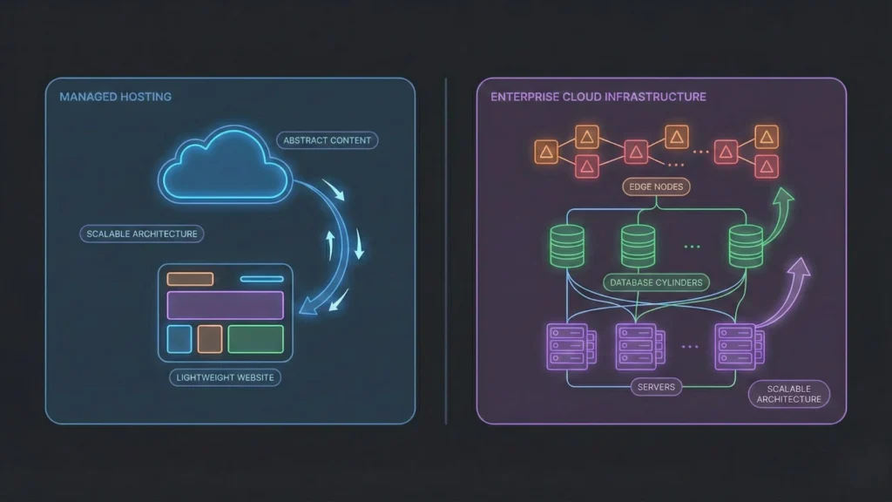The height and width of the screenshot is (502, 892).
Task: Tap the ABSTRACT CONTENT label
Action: pos(327,140)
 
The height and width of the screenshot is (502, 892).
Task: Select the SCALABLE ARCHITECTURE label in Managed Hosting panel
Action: pos(141,234)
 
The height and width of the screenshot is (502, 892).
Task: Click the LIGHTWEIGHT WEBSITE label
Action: pos(225,377)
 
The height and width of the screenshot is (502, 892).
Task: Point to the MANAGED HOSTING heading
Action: pos(115,97)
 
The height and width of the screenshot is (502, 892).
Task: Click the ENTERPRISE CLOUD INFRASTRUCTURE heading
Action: pos(598,97)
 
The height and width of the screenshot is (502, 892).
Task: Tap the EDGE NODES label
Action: pos(655,186)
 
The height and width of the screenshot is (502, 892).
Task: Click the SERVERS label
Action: pos(655,386)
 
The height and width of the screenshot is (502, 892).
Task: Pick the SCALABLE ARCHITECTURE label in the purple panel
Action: pos(788,393)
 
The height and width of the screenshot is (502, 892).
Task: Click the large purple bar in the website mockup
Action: pos(225,305)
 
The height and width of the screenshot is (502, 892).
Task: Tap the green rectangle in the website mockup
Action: pos(255,339)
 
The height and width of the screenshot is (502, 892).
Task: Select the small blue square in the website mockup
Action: pos(179,339)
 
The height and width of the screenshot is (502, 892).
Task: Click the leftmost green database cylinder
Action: pos(568,247)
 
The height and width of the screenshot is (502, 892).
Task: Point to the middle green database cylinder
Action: pos(639,247)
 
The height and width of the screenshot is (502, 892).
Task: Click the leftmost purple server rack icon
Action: pos(564,345)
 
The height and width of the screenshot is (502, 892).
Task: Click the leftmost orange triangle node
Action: pos(546,152)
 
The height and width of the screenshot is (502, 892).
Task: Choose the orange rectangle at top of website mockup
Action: pos(190,279)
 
